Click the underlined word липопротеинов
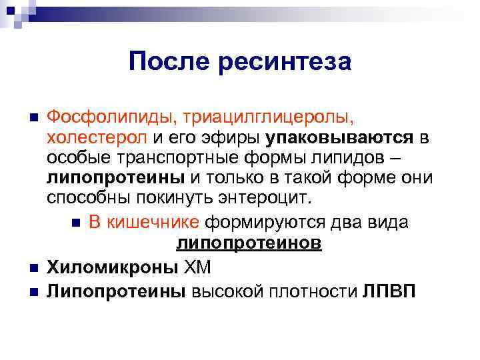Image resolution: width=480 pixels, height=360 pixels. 249,243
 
